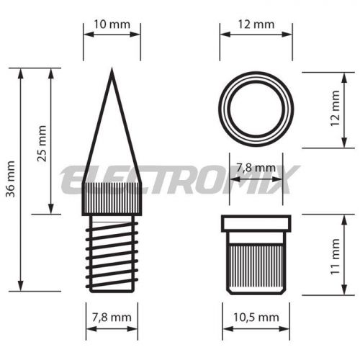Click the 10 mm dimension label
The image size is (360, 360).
pyautogui.click(x=112, y=24)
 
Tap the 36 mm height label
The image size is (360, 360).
pyautogui.click(x=11, y=179)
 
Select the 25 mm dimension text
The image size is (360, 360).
pyautogui.click(x=42, y=143)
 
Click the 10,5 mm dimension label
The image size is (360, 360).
pyautogui.click(x=256, y=318)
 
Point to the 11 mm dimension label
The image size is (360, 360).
pyautogui.click(x=336, y=257)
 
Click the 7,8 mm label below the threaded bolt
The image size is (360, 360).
pyautogui.click(x=112, y=318)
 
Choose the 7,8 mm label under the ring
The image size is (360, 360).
pyautogui.click(x=256, y=168)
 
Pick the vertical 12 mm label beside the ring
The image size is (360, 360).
pyautogui.click(x=336, y=109)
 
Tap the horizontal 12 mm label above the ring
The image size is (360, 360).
pyautogui.click(x=256, y=24)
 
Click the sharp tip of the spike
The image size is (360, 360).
pyautogui.click(x=112, y=68)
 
